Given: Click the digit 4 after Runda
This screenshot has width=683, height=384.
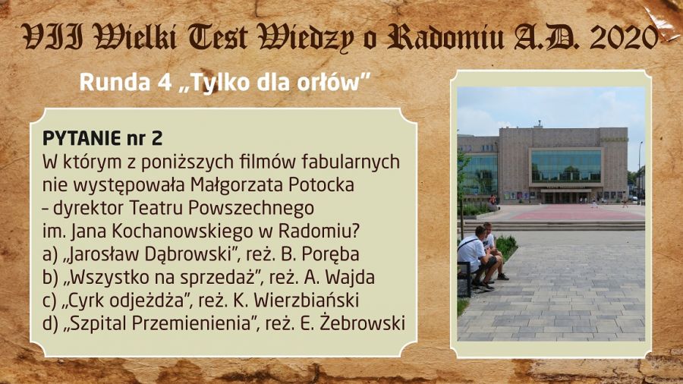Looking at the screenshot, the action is pos(165,82).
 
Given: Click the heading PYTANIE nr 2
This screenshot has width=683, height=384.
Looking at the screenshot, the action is pos(102,138).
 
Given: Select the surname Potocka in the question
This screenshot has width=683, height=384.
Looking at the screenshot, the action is pos(321,185).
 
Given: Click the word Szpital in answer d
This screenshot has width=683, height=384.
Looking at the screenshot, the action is pos(98,324).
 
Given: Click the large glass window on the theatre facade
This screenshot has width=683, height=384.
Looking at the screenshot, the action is pos(566,166).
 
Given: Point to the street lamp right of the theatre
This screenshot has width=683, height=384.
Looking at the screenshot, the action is pos(640,172).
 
